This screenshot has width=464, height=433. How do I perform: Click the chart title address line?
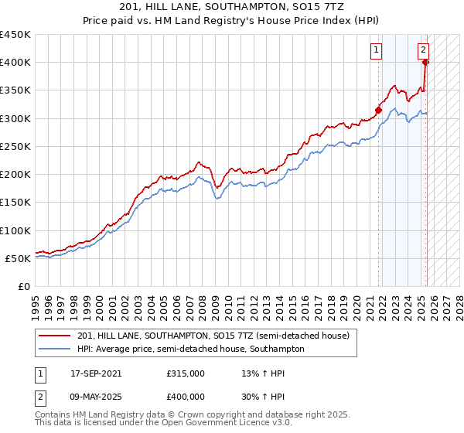[232, 6]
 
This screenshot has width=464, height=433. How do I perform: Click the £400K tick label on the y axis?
[15, 63]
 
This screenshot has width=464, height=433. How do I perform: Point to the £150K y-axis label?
[15, 203]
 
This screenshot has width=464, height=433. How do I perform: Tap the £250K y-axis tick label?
[15, 146]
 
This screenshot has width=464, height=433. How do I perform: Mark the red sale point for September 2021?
[379, 110]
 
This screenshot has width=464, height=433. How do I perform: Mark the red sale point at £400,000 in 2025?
[426, 62]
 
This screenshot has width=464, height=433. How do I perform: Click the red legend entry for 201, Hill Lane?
[213, 336]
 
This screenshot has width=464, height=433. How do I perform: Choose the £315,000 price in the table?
[186, 373]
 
